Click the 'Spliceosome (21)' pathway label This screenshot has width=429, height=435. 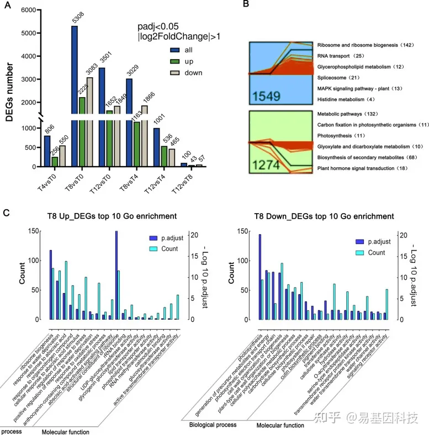click(x=339, y=77)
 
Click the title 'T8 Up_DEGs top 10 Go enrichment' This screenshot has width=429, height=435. click(x=106, y=216)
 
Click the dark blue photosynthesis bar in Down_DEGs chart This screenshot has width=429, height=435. click(x=259, y=277)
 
